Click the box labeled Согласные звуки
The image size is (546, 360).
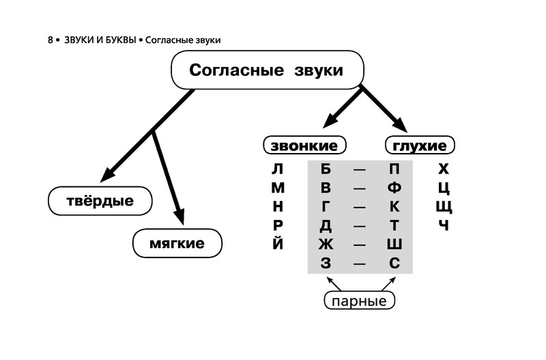click(x=266, y=71)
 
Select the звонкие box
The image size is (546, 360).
click(x=304, y=146)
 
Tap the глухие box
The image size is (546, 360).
click(x=420, y=146)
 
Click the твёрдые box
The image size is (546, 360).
click(x=100, y=201)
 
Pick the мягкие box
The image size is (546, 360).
click(x=177, y=243)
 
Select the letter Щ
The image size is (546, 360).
click(x=444, y=206)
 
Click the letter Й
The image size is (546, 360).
click(x=276, y=243)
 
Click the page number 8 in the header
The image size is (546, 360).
click(x=51, y=40)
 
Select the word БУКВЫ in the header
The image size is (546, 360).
click(x=116, y=40)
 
